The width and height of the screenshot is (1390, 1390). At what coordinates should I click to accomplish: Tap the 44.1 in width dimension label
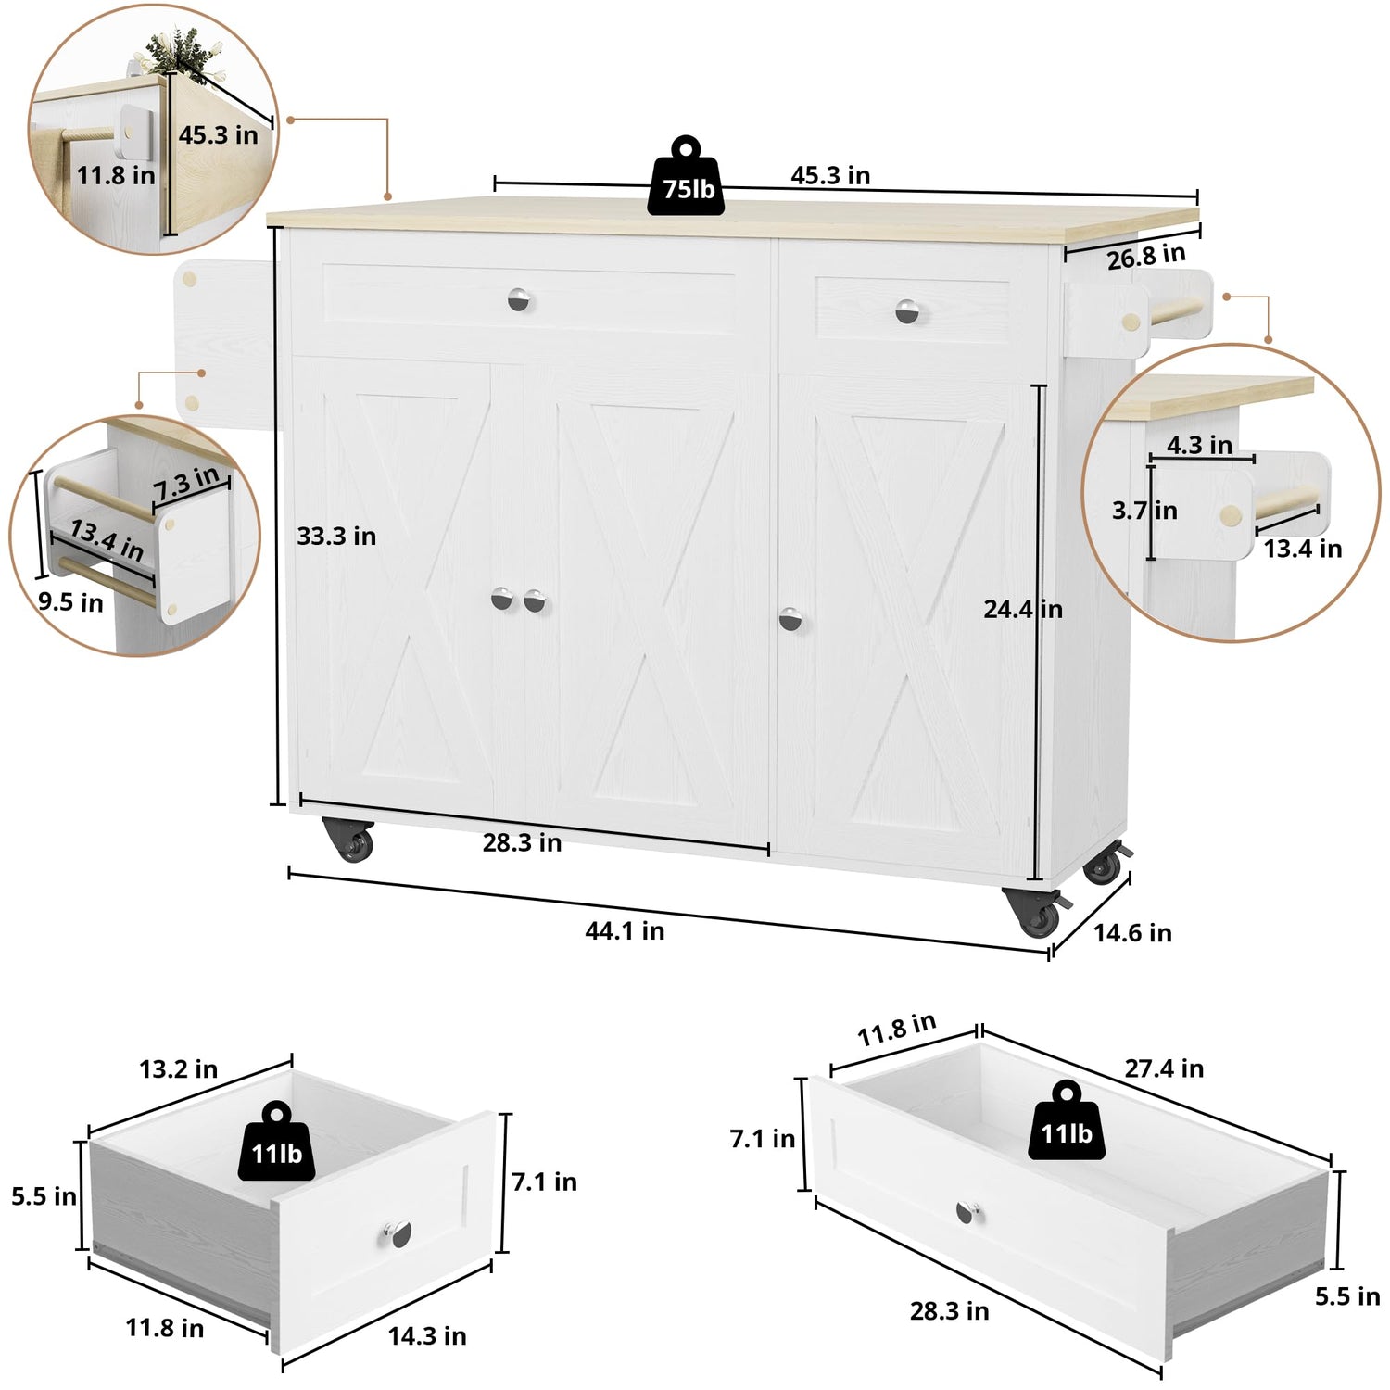pyautogui.click(x=625, y=930)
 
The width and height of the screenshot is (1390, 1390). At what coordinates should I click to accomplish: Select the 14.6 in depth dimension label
pyautogui.click(x=1132, y=933)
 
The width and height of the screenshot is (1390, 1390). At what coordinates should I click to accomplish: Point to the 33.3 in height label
pyautogui.click(x=336, y=536)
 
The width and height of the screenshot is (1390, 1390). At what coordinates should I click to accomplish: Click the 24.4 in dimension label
pyautogui.click(x=1023, y=609)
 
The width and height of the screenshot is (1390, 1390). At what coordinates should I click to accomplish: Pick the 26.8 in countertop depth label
pyautogui.click(x=1146, y=257)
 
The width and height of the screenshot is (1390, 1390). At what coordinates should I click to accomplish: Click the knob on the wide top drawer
pyautogui.click(x=521, y=300)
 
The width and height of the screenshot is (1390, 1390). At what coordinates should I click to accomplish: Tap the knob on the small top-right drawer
pyautogui.click(x=909, y=312)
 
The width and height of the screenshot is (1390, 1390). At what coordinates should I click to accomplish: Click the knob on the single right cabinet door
pyautogui.click(x=790, y=619)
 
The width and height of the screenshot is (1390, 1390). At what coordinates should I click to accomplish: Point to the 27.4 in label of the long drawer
pyautogui.click(x=1164, y=1068)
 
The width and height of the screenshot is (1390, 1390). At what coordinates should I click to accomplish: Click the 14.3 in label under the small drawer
pyautogui.click(x=427, y=1335)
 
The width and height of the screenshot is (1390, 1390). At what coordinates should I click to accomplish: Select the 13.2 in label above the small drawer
pyautogui.click(x=179, y=1069)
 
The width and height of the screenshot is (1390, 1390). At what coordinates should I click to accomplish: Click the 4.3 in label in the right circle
pyautogui.click(x=1199, y=445)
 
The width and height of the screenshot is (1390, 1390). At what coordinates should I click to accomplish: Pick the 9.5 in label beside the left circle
pyautogui.click(x=70, y=602)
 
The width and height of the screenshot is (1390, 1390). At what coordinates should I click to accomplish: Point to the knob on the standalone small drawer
pyautogui.click(x=397, y=1234)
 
